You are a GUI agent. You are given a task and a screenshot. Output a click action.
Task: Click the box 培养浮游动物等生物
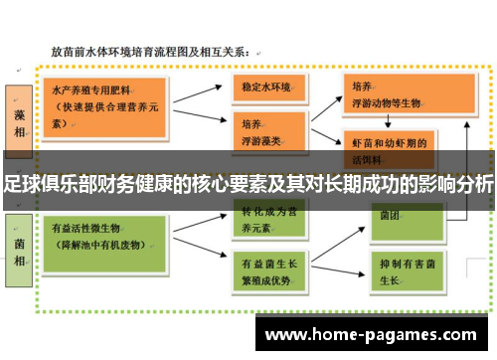point(389,92)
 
